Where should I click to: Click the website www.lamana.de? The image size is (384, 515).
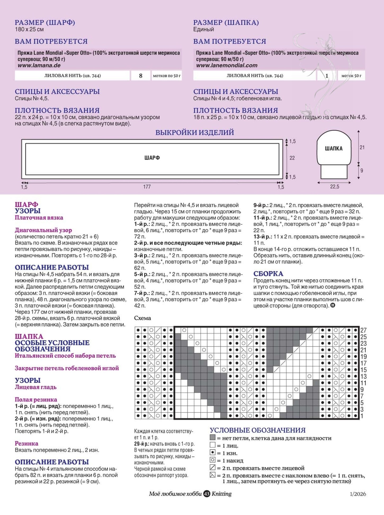pyautogui.click(x=39, y=65)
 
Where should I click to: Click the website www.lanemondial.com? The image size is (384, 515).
pyautogui.click(x=227, y=65)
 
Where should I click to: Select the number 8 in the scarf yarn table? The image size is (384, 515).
pyautogui.click(x=141, y=76)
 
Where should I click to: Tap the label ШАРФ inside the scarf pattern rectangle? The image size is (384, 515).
pyautogui.click(x=152, y=158)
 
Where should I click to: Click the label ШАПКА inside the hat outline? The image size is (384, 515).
pyautogui.click(x=334, y=149)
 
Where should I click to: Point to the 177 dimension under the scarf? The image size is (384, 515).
pyautogui.click(x=147, y=187)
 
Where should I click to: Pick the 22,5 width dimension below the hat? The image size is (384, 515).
pyautogui.click(x=334, y=187)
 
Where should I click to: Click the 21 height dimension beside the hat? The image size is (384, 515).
pyautogui.click(x=362, y=147)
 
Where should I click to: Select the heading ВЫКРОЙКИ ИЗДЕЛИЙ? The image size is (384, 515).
pyautogui.click(x=195, y=132)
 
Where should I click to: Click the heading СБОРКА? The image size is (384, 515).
pyautogui.click(x=268, y=274)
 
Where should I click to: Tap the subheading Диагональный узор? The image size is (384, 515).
pyautogui.click(x=43, y=230)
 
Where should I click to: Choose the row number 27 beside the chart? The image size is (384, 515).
pyautogui.click(x=364, y=330)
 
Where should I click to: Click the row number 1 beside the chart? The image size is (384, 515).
pyautogui.click(x=362, y=416)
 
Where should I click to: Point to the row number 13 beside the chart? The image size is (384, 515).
pyautogui.click(x=364, y=376)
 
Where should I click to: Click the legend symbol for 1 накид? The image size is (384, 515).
pyautogui.click(x=213, y=460)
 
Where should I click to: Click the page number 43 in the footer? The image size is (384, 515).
pyautogui.click(x=207, y=494)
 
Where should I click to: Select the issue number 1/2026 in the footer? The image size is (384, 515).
pyautogui.click(x=358, y=494)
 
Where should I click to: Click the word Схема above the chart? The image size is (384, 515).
pyautogui.click(x=142, y=318)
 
